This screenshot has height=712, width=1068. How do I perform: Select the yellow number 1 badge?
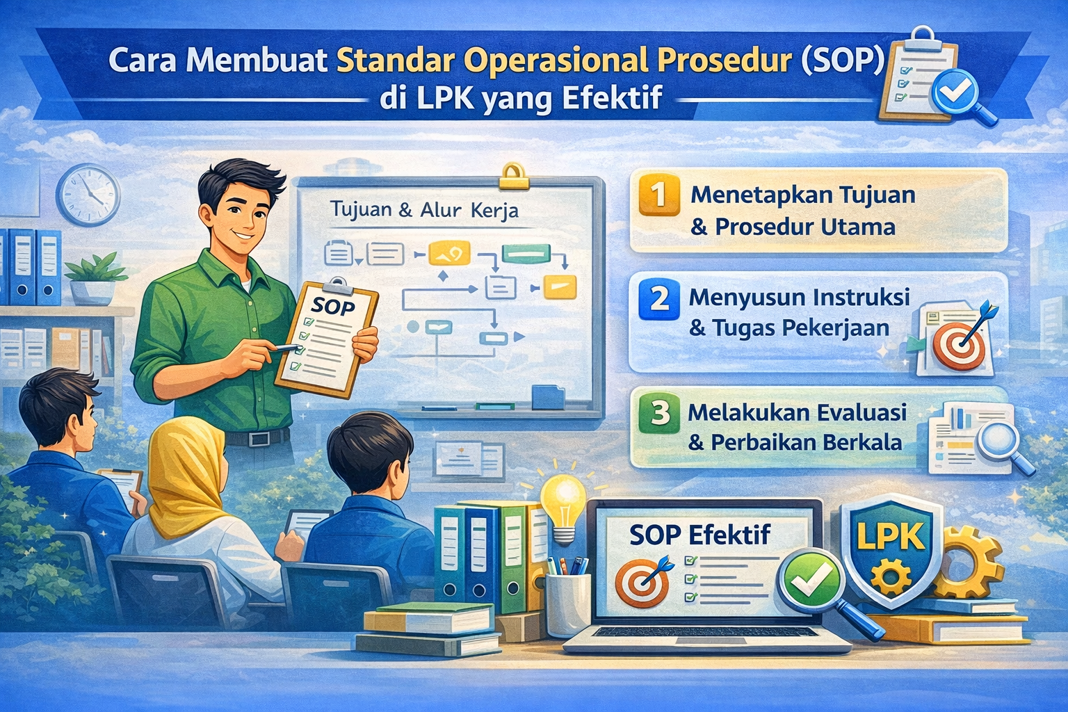[x=658, y=195]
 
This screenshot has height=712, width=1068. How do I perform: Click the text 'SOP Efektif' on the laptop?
[x=699, y=535]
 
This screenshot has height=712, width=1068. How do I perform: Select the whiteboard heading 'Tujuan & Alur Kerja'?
[x=424, y=209]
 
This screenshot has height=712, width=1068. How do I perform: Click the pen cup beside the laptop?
[x=567, y=601]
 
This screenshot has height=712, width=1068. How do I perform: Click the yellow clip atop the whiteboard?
[x=515, y=176]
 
